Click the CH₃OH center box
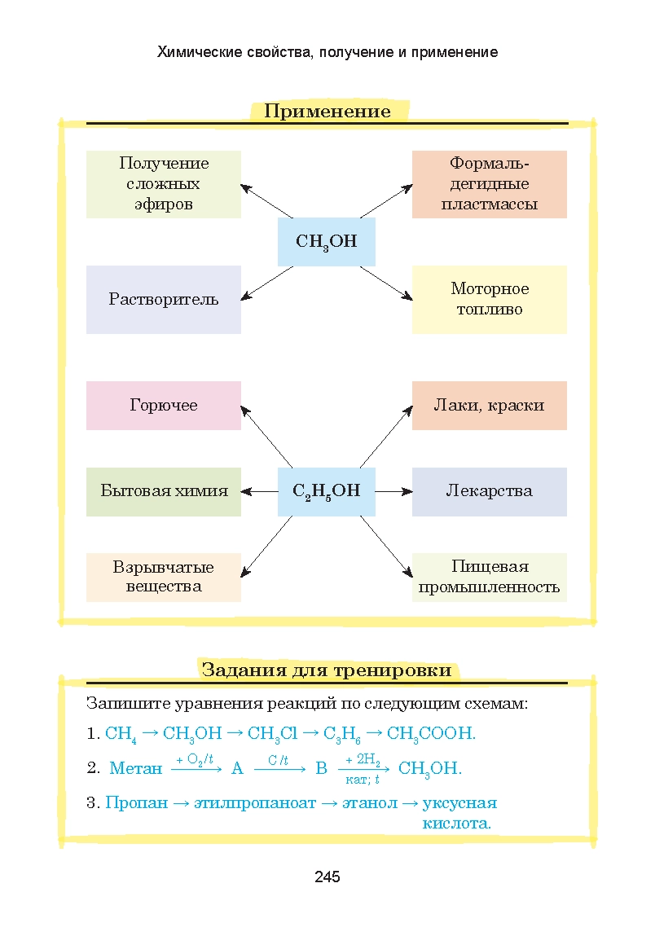[x=326, y=242]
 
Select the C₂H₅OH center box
[x=326, y=491]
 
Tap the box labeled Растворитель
[x=164, y=299]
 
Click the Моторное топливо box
[x=489, y=299]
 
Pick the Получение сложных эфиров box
[x=164, y=184]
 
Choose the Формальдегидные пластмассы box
[x=489, y=184]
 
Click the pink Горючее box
[x=164, y=406]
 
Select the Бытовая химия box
[x=164, y=491]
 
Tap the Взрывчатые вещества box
[x=164, y=577]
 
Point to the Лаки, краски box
[x=489, y=406]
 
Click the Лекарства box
[x=489, y=491]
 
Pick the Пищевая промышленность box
[x=489, y=577]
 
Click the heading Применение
[x=327, y=112]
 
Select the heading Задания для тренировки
[x=326, y=670]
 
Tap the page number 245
[x=327, y=877]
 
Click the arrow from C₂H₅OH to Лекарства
[x=393, y=491]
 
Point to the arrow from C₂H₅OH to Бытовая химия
[x=260, y=491]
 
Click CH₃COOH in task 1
[x=430, y=734]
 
